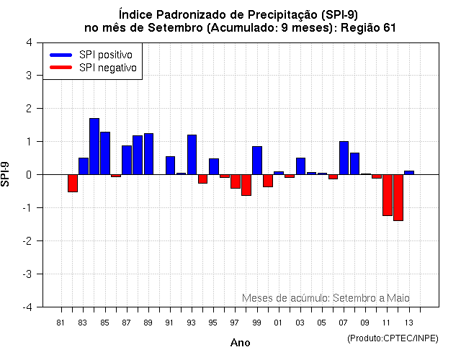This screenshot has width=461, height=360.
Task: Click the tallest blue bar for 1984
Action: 94,146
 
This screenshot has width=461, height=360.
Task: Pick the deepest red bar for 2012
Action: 398,197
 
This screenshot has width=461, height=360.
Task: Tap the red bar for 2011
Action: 387,195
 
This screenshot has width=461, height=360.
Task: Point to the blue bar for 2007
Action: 344,158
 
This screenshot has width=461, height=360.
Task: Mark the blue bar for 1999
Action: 257,161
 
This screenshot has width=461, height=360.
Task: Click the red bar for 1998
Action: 246,185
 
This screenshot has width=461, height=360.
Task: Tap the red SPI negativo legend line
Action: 61,67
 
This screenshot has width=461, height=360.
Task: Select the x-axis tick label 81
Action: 61,322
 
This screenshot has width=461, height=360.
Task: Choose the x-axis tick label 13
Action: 408,322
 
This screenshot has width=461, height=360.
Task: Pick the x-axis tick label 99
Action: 256,322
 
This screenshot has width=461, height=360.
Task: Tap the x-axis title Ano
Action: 241,343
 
